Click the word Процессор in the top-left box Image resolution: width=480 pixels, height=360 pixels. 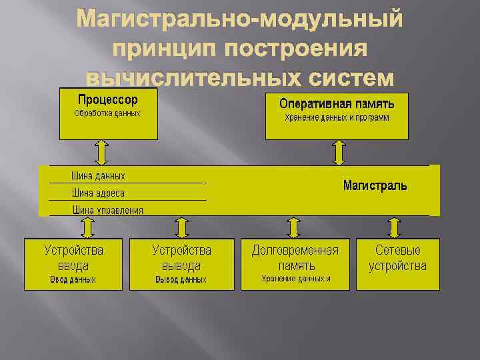click(108, 100)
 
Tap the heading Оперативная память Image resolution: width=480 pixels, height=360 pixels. click(337, 103)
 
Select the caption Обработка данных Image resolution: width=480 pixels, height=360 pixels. click(107, 113)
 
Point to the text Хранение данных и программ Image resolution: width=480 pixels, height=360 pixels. click(337, 117)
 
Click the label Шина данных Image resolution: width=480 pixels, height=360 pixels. click(98, 176)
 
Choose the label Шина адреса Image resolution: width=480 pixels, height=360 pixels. click(98, 193)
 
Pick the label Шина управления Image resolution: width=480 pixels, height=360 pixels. click(107, 210)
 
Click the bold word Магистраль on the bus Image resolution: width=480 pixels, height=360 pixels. click(375, 185)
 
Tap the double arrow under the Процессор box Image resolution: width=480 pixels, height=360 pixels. click(101, 152)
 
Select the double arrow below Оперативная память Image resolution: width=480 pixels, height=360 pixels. click(339, 152)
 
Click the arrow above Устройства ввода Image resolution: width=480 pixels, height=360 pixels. click(87, 227)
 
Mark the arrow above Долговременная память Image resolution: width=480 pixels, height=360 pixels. click(293, 227)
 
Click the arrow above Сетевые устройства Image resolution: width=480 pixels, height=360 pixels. click(395, 227)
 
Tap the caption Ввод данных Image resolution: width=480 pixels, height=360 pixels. click(73, 280)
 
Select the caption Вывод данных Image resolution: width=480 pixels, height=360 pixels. click(181, 280)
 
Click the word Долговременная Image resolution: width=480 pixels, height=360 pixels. click(295, 251)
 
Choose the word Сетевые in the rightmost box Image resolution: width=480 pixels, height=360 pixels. click(398, 251)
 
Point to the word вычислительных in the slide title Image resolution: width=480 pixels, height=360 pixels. click(191, 77)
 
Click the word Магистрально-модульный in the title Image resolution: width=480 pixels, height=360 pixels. click(240, 20)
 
